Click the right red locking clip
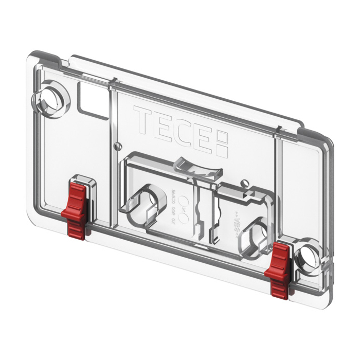point(281,268)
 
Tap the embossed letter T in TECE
point(142,119)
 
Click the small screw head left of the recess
point(118,145)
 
